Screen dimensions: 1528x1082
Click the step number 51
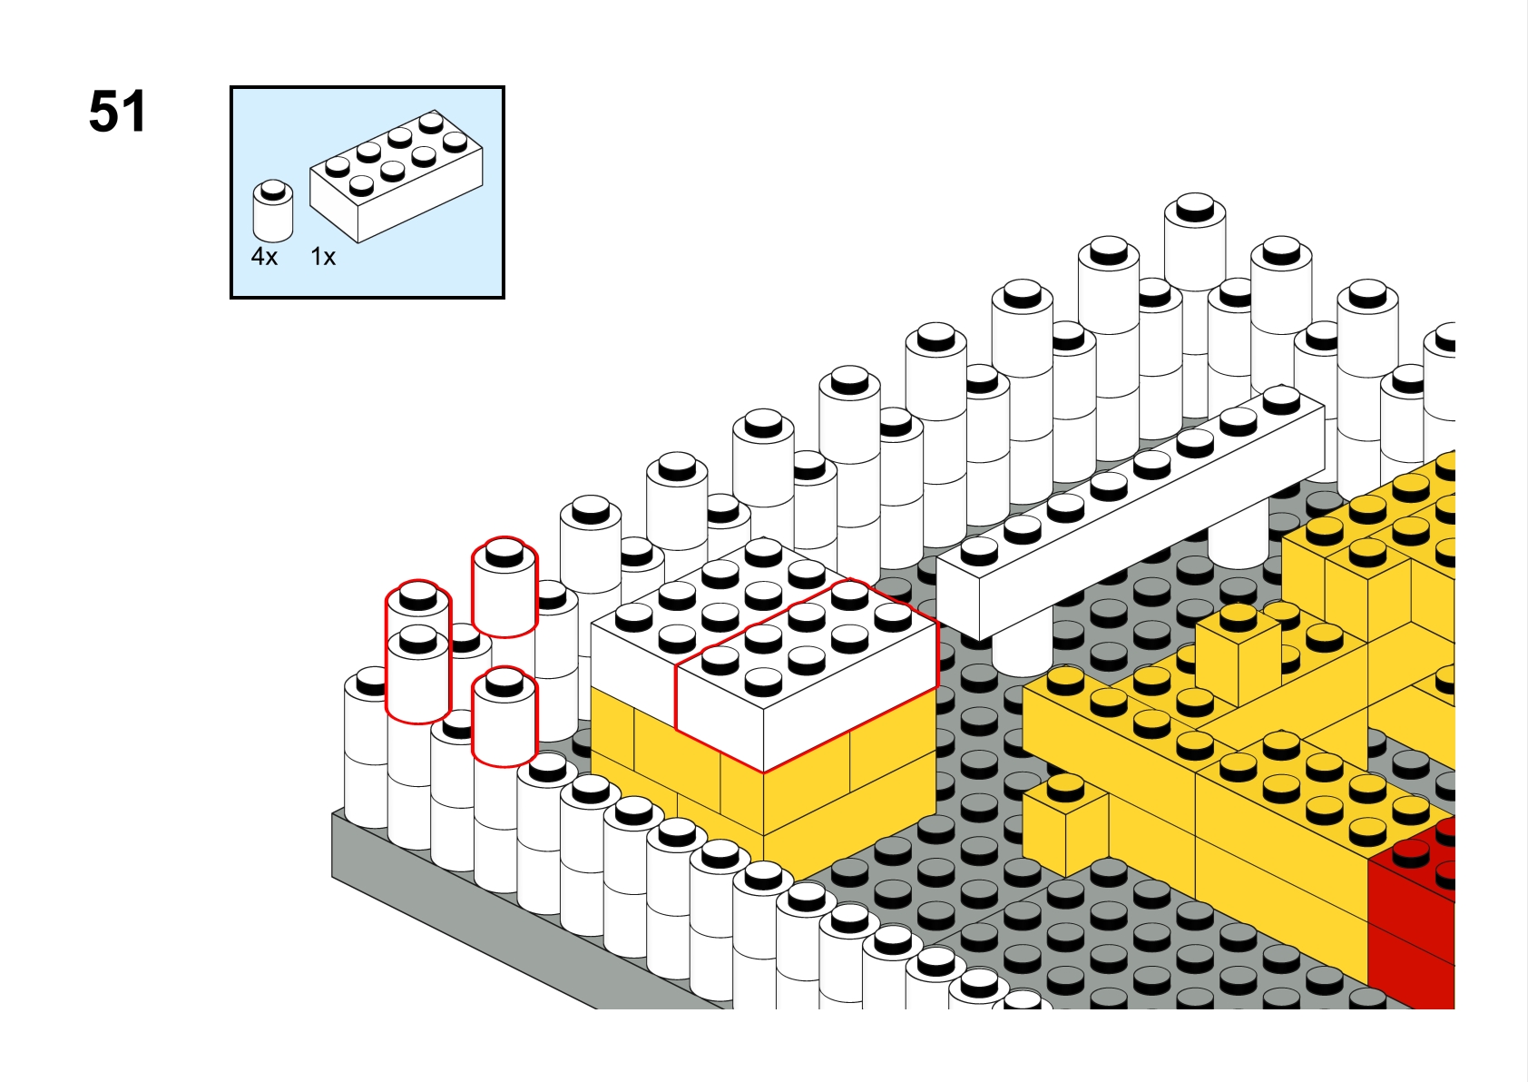pos(117,112)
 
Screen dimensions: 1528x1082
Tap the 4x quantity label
pos(265,257)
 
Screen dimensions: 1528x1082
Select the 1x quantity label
pos(323,257)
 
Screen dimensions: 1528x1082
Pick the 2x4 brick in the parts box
pos(397,176)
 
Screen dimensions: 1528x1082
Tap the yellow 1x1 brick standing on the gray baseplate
pos(1065,824)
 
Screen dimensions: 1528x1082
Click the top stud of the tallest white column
pos(1195,206)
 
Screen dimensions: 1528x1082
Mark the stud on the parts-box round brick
pos(273,189)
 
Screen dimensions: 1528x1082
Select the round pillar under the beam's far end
pos(1238,540)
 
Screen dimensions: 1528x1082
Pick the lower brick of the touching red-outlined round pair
pos(418,672)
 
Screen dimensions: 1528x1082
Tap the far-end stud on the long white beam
pos(1281,399)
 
